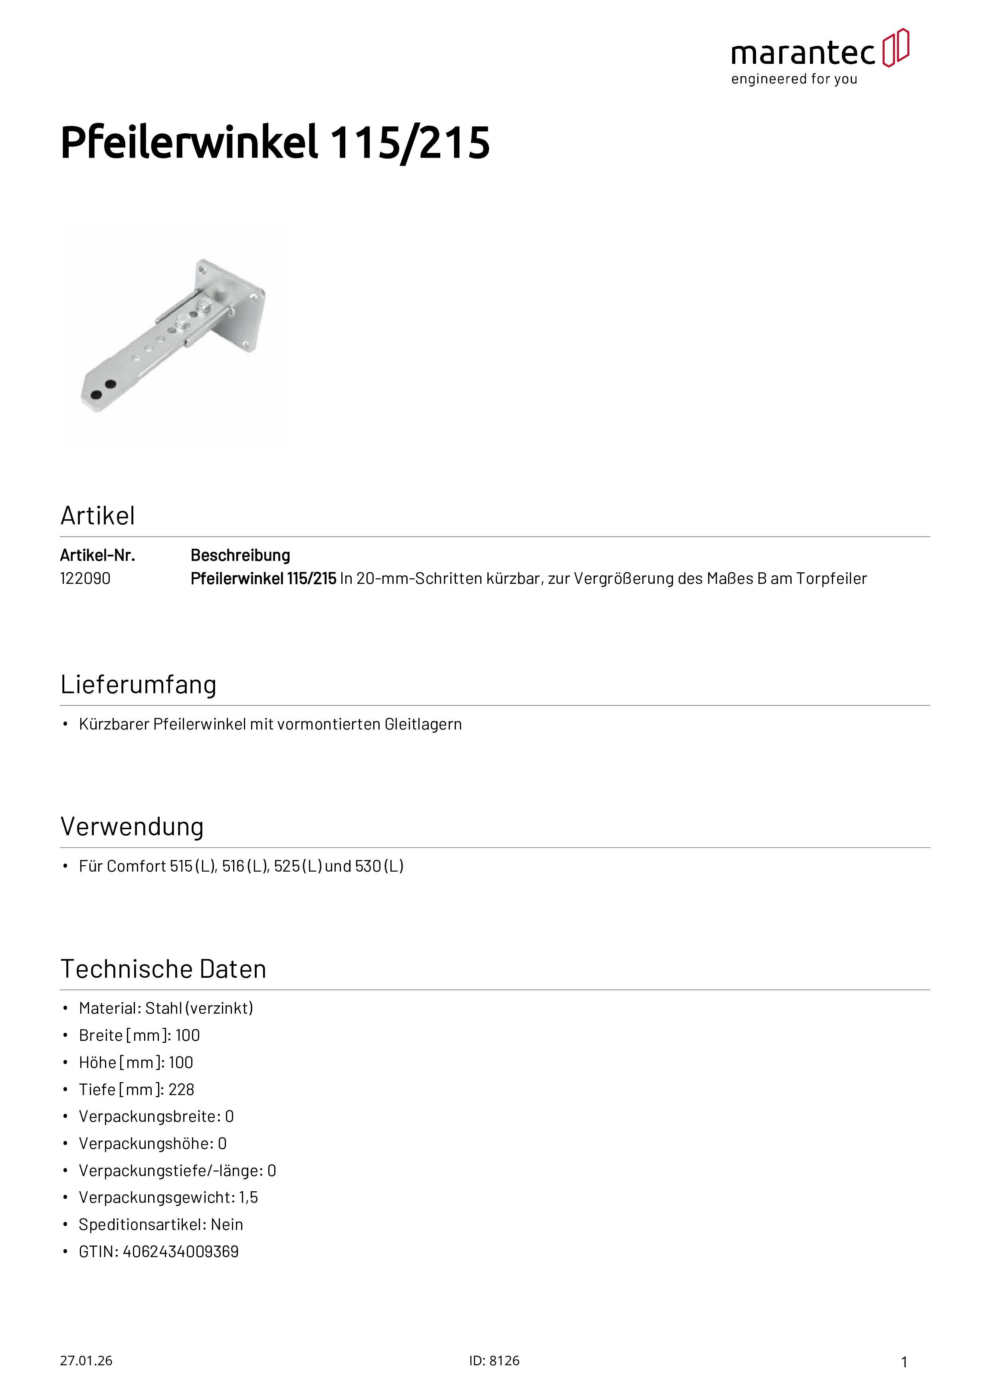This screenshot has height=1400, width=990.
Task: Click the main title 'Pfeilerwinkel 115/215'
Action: pos(275,143)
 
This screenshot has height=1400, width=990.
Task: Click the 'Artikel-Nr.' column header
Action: pos(97,556)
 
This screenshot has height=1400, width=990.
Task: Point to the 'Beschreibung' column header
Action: pos(240,556)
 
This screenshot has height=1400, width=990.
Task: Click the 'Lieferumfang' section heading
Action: pos(138,685)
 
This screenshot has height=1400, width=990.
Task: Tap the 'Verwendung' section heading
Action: pos(132,827)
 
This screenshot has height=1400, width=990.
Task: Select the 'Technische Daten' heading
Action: pos(163,969)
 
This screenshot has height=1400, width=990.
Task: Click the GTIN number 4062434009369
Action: pos(180,1252)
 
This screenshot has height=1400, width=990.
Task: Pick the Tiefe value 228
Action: pos(181,1090)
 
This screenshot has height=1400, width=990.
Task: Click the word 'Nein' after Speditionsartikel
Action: pos(227,1225)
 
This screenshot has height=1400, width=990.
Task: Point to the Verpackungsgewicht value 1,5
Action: pos(248,1198)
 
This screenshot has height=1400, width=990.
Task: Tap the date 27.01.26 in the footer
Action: pos(86,1361)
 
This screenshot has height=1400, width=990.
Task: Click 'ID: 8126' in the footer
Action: pos(494,1361)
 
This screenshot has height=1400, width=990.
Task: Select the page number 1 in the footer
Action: pos(904,1362)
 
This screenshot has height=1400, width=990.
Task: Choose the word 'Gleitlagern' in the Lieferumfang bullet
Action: pos(423,724)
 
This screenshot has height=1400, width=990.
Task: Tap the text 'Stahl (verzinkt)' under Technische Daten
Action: pos(199,1008)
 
